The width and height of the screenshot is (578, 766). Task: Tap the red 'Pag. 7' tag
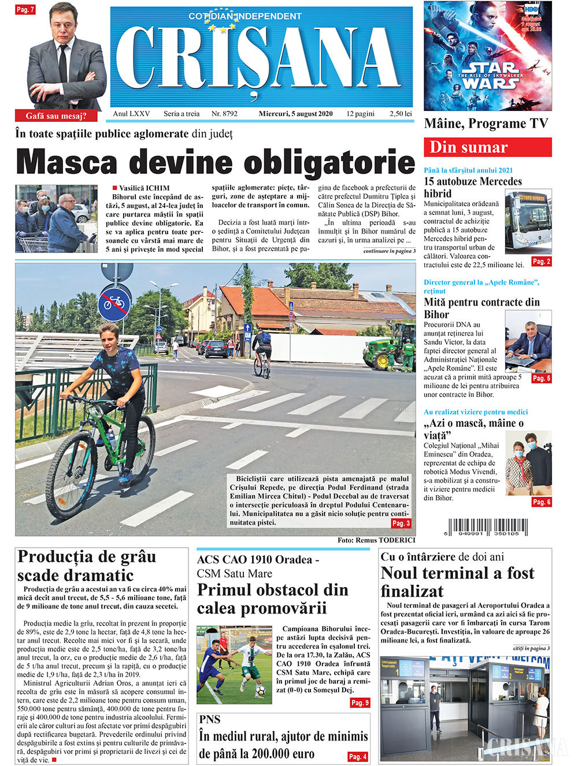[25, 9]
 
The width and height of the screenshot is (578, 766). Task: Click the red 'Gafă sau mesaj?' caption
[56, 116]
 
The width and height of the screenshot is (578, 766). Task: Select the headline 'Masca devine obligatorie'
[215, 162]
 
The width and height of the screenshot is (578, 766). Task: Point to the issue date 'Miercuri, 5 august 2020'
[295, 114]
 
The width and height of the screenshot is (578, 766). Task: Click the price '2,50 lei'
[401, 114]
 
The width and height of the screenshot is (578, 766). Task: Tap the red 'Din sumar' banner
[487, 147]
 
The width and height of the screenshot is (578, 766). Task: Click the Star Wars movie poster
[487, 56]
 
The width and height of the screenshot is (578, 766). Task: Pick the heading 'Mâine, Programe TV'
[486, 124]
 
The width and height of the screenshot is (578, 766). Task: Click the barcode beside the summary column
[486, 527]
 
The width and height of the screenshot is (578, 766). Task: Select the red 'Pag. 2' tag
[541, 262]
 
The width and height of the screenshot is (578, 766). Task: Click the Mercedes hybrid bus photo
[528, 221]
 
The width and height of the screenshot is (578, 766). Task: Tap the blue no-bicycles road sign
[114, 302]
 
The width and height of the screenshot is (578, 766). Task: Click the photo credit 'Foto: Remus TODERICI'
[376, 540]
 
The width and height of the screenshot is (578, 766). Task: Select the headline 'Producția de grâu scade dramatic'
[87, 566]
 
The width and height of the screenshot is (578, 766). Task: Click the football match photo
[234, 664]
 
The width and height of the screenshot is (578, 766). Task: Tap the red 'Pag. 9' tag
[359, 703]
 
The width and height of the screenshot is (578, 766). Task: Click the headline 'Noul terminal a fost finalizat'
[457, 582]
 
